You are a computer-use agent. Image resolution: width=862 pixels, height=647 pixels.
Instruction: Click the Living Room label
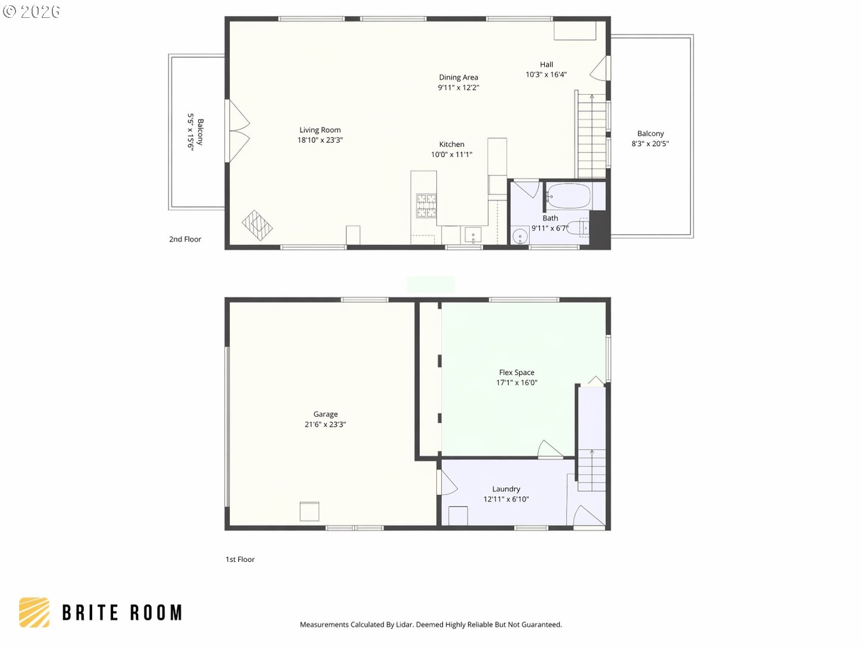point(320,130)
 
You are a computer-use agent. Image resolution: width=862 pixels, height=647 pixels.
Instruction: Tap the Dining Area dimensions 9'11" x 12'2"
point(458,88)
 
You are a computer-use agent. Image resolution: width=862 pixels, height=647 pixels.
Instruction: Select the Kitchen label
point(451,144)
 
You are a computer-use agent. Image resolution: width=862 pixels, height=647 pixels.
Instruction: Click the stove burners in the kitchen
point(426,206)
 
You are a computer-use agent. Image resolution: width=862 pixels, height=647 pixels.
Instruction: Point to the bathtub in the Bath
point(569,196)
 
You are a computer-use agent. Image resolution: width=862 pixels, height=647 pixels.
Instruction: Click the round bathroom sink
point(520,237)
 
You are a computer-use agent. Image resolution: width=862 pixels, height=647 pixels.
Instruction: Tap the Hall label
point(546,64)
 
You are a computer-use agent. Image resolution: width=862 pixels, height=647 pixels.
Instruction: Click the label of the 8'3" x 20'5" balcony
point(650,133)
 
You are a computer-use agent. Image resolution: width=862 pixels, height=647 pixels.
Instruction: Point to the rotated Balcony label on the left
point(200,132)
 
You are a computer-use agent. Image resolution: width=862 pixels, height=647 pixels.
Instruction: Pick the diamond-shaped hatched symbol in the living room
point(257,225)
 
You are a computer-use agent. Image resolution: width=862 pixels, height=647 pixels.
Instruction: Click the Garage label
point(325,414)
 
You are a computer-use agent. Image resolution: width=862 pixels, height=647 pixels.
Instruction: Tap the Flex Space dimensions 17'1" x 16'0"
point(516,382)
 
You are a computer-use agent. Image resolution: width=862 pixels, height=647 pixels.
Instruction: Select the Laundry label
point(506,489)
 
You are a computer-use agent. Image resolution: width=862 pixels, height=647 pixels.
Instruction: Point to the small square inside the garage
point(309,512)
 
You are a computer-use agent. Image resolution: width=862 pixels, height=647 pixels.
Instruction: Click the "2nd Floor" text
point(185,239)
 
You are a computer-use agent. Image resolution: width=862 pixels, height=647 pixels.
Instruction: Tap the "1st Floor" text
point(240,559)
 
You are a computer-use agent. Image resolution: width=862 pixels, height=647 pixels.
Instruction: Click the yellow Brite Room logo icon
point(35,612)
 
